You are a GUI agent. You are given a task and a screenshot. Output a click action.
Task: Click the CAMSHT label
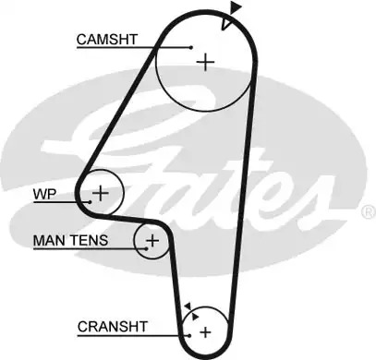pos(107,40)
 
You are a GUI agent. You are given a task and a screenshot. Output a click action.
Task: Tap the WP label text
pos(44,194)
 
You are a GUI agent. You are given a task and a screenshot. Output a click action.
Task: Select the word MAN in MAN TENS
pos(48,240)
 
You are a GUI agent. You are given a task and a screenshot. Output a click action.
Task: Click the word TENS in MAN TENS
pos(89,240)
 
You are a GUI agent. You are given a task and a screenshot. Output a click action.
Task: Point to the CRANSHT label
pos(113,327)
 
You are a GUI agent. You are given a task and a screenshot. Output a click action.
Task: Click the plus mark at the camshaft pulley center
pos(205,62)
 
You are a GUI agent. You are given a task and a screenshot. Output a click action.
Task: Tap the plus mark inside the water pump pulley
pos(101,193)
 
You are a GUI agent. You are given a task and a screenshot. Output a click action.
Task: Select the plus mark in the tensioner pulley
pos(152,240)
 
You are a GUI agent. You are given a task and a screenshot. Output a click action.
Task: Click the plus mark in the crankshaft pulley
pos(205,332)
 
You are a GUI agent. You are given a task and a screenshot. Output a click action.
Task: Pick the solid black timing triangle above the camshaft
pos(236,6)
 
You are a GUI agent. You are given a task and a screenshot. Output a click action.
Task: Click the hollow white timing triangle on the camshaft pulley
pos(225,23)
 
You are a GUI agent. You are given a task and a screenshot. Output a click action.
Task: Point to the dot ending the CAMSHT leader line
pos(191,47)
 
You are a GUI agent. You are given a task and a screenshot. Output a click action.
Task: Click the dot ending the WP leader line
pos(90,202)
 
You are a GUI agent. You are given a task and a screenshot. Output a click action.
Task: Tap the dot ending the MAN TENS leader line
pos(147,248)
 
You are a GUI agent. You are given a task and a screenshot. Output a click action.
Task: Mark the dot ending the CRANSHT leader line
pos(189,335)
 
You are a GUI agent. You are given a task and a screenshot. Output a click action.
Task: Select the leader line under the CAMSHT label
pos(134,48)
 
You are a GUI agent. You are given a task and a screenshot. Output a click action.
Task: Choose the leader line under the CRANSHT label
pos(134,335)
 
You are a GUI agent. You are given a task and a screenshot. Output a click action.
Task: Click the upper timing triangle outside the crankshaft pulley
pos(188,306)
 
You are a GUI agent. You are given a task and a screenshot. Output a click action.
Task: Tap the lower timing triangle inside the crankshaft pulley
pos(195,317)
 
